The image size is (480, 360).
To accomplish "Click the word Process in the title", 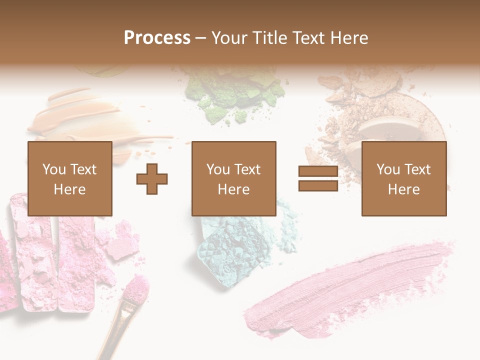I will (x=157, y=38).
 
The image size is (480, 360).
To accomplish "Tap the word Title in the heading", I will (x=268, y=38).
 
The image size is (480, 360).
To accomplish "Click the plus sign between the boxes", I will (x=152, y=178).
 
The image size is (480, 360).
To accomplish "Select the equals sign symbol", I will (x=318, y=178).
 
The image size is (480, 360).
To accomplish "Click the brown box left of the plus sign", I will (x=70, y=178).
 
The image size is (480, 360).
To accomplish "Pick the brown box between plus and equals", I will (x=234, y=178).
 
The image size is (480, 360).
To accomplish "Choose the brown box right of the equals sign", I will (x=404, y=178).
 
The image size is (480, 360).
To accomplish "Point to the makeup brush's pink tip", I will (x=136, y=288).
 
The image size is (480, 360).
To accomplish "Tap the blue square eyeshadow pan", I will (x=227, y=250).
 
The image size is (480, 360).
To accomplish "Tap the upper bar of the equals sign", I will (x=318, y=171).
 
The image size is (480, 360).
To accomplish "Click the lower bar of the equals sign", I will (x=318, y=185).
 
